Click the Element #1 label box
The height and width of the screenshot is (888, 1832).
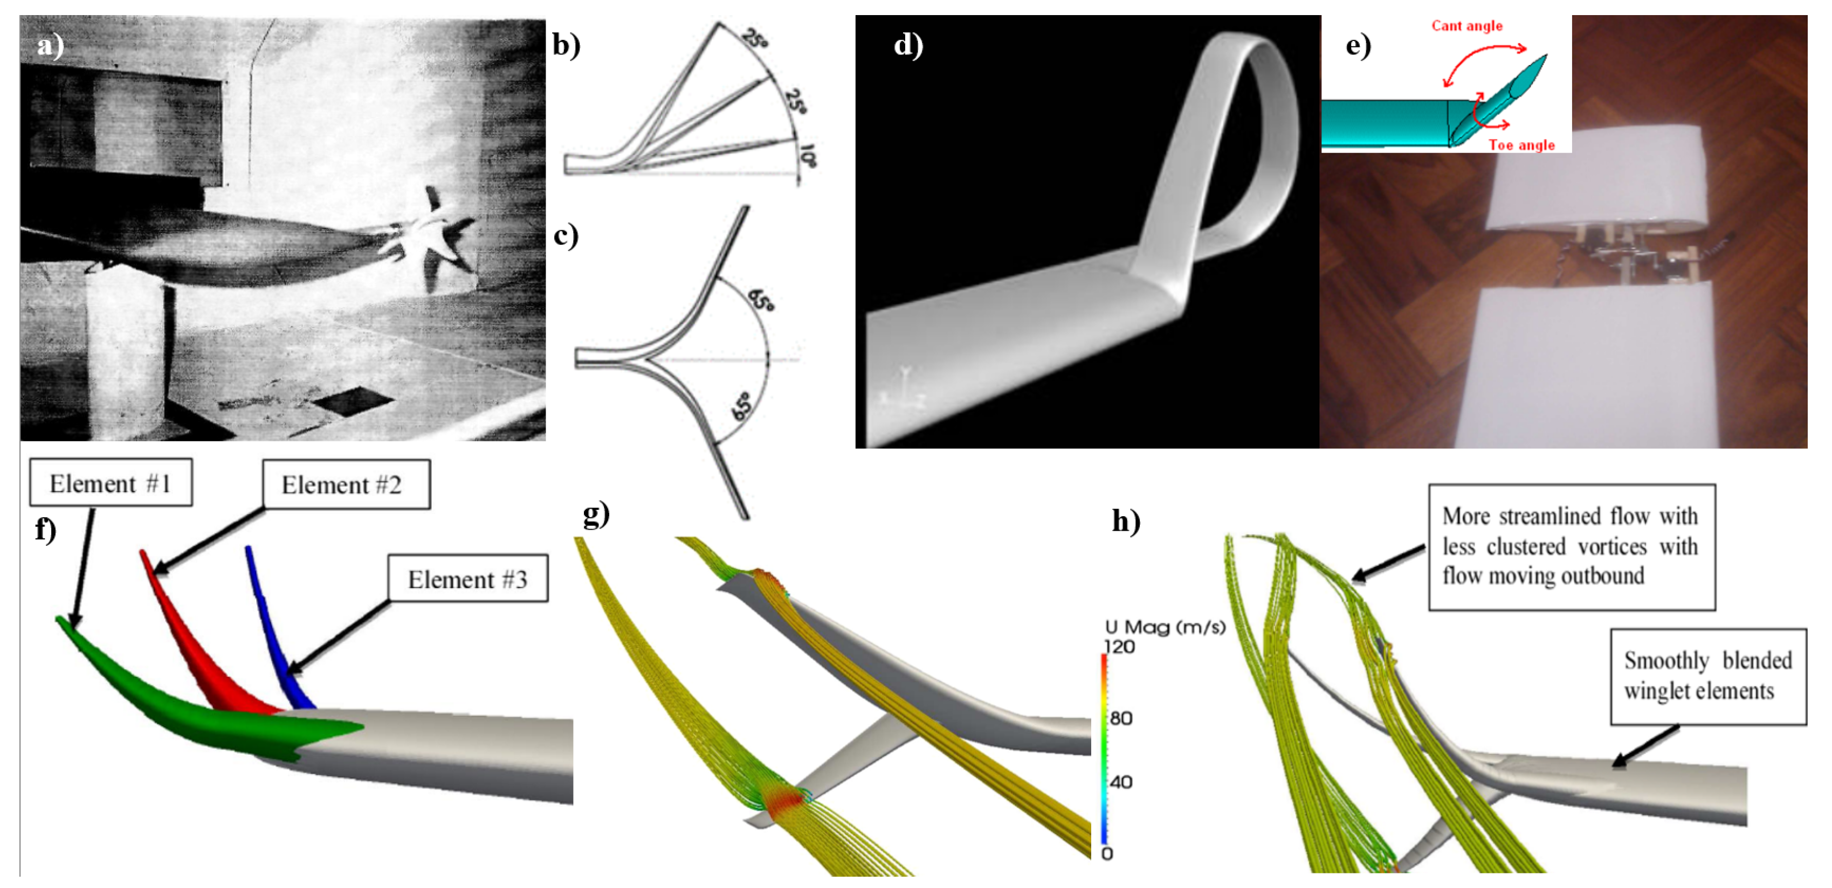(110, 483)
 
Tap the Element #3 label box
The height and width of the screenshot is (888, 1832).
(467, 579)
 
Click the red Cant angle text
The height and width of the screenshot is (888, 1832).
(1466, 26)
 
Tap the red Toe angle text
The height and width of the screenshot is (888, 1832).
(1521, 145)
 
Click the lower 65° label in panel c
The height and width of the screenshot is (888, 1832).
(742, 405)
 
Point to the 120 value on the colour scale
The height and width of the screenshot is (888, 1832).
(1119, 646)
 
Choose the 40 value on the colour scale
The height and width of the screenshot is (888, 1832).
(1121, 782)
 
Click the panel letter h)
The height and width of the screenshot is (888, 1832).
(1126, 521)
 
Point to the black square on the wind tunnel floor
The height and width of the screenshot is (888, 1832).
(353, 400)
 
